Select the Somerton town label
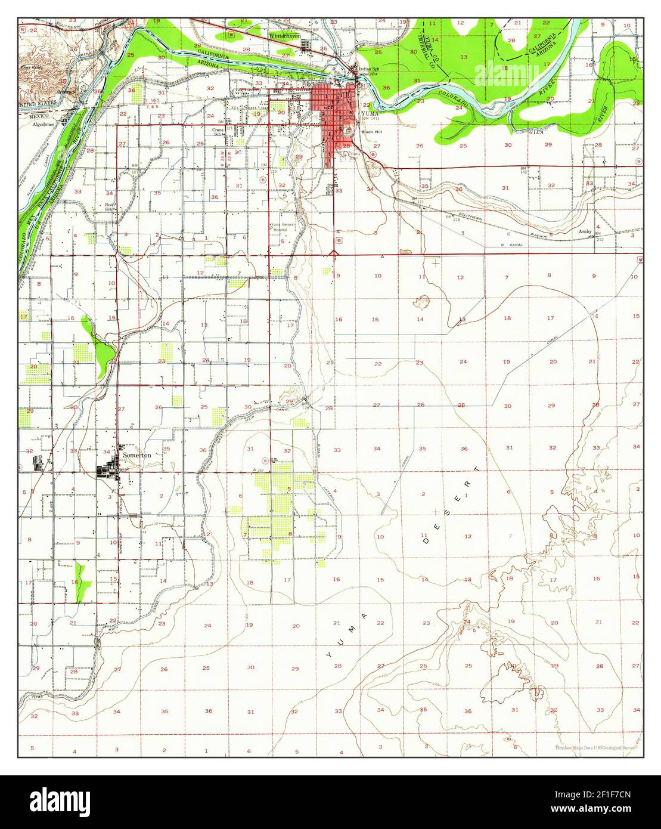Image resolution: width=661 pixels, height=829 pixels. pyautogui.click(x=137, y=454)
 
